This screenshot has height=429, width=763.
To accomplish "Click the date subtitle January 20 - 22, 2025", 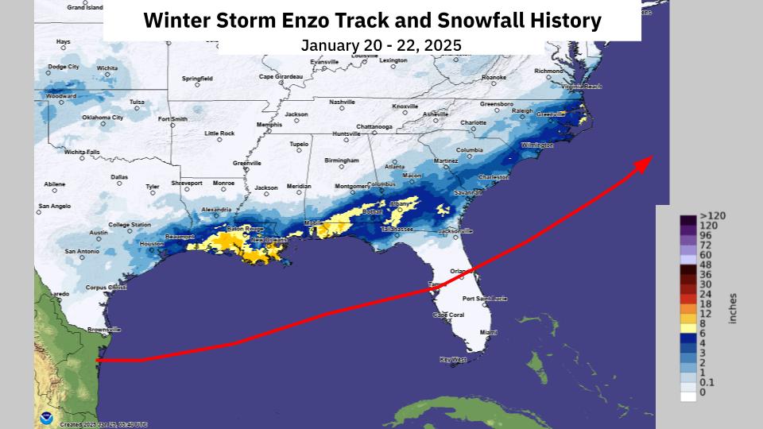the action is click(x=381, y=45).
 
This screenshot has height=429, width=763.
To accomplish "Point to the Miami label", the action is click(x=488, y=332).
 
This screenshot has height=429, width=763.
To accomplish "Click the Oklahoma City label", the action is click(x=103, y=118).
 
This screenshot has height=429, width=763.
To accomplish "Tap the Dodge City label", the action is click(x=64, y=67).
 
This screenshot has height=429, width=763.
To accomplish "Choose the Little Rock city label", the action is click(x=219, y=133).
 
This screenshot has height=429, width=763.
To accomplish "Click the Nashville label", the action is click(x=342, y=102).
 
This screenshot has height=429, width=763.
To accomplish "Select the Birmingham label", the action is click(x=341, y=160).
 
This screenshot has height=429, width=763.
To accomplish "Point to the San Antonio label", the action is click(x=83, y=251).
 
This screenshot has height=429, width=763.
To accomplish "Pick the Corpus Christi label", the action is click(x=106, y=287).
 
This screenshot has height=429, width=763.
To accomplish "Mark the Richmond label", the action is click(x=548, y=71).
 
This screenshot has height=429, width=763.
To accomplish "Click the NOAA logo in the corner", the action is click(x=47, y=417).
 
